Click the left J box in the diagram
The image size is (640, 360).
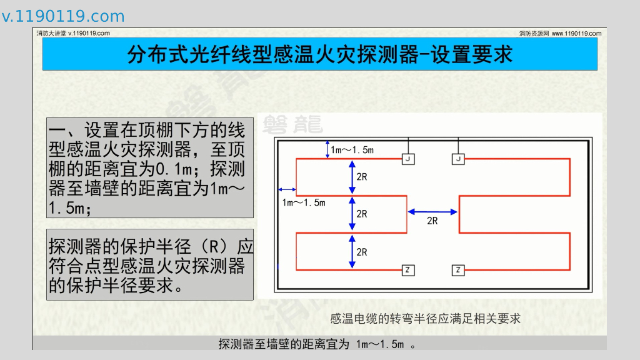click(407, 159)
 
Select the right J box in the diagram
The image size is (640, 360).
click(458, 159)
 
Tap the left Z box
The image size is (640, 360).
click(407, 270)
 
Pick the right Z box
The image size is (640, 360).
click(458, 270)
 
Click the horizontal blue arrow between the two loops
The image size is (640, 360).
click(433, 211)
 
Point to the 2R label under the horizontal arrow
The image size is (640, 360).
click(432, 221)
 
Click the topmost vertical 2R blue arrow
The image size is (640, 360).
click(352, 176)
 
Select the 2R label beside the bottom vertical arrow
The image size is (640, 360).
click(362, 252)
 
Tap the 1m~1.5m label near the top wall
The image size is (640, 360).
click(352, 149)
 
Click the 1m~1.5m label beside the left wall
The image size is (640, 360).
click(304, 202)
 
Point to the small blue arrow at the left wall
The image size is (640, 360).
click(287, 189)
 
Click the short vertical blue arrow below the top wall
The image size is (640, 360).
click(326, 149)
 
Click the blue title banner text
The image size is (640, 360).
click(319, 54)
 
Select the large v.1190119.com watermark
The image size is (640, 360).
click(63, 16)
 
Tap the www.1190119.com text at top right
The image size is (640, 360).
click(576, 33)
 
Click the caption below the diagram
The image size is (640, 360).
click(425, 319)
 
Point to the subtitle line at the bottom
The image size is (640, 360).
click(317, 344)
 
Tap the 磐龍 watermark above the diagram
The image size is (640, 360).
click(293, 124)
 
